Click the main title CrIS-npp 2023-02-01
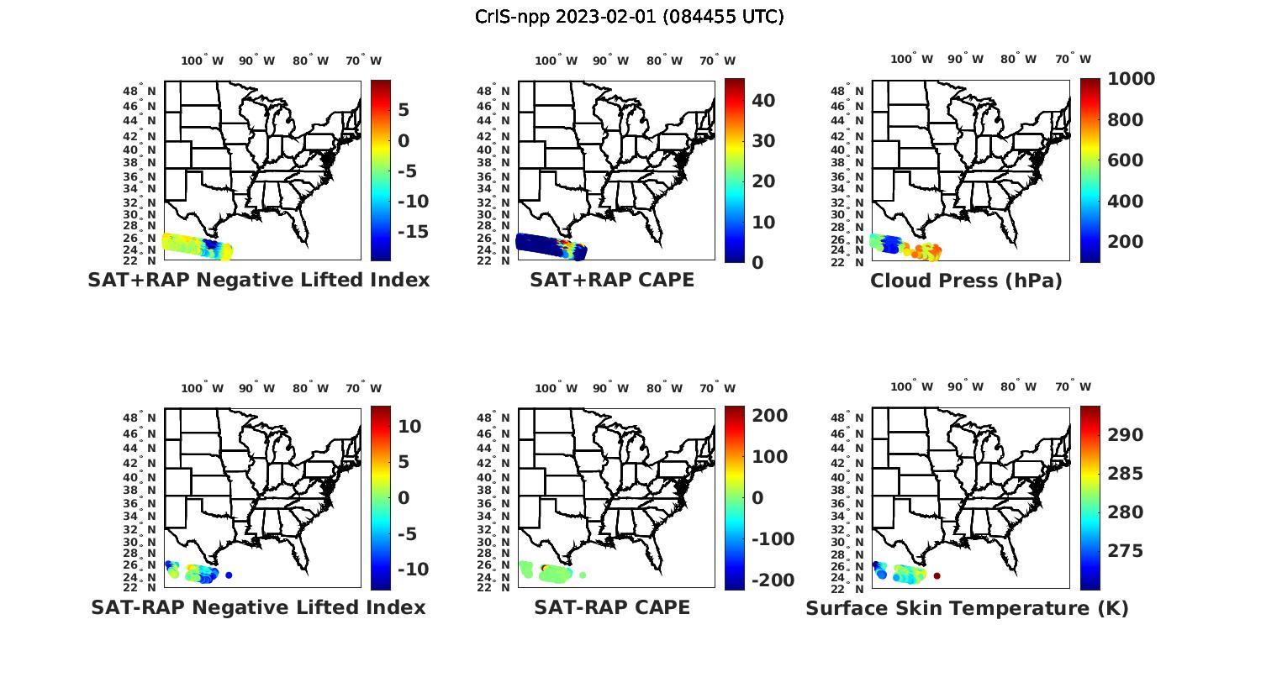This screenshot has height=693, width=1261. pyautogui.click(x=630, y=17)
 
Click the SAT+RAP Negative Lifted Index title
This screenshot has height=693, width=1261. pyautogui.click(x=258, y=280)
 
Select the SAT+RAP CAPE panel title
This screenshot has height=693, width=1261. pyautogui.click(x=612, y=280)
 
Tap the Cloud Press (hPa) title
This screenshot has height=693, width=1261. pyautogui.click(x=966, y=281)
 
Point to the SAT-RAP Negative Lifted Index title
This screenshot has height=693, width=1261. pyautogui.click(x=258, y=607)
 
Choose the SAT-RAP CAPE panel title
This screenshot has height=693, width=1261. pyautogui.click(x=612, y=607)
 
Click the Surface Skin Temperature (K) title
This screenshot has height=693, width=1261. pyautogui.click(x=967, y=608)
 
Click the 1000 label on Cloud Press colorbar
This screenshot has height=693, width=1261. pyautogui.click(x=1131, y=79)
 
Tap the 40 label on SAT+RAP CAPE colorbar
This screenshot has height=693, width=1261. pyautogui.click(x=763, y=101)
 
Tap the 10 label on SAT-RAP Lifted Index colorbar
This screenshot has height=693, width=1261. pyautogui.click(x=409, y=427)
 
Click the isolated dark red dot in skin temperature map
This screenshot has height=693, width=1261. pyautogui.click(x=937, y=575)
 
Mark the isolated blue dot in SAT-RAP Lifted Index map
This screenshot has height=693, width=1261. pyautogui.click(x=229, y=575)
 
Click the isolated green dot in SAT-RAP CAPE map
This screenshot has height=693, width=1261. pyautogui.click(x=583, y=575)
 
